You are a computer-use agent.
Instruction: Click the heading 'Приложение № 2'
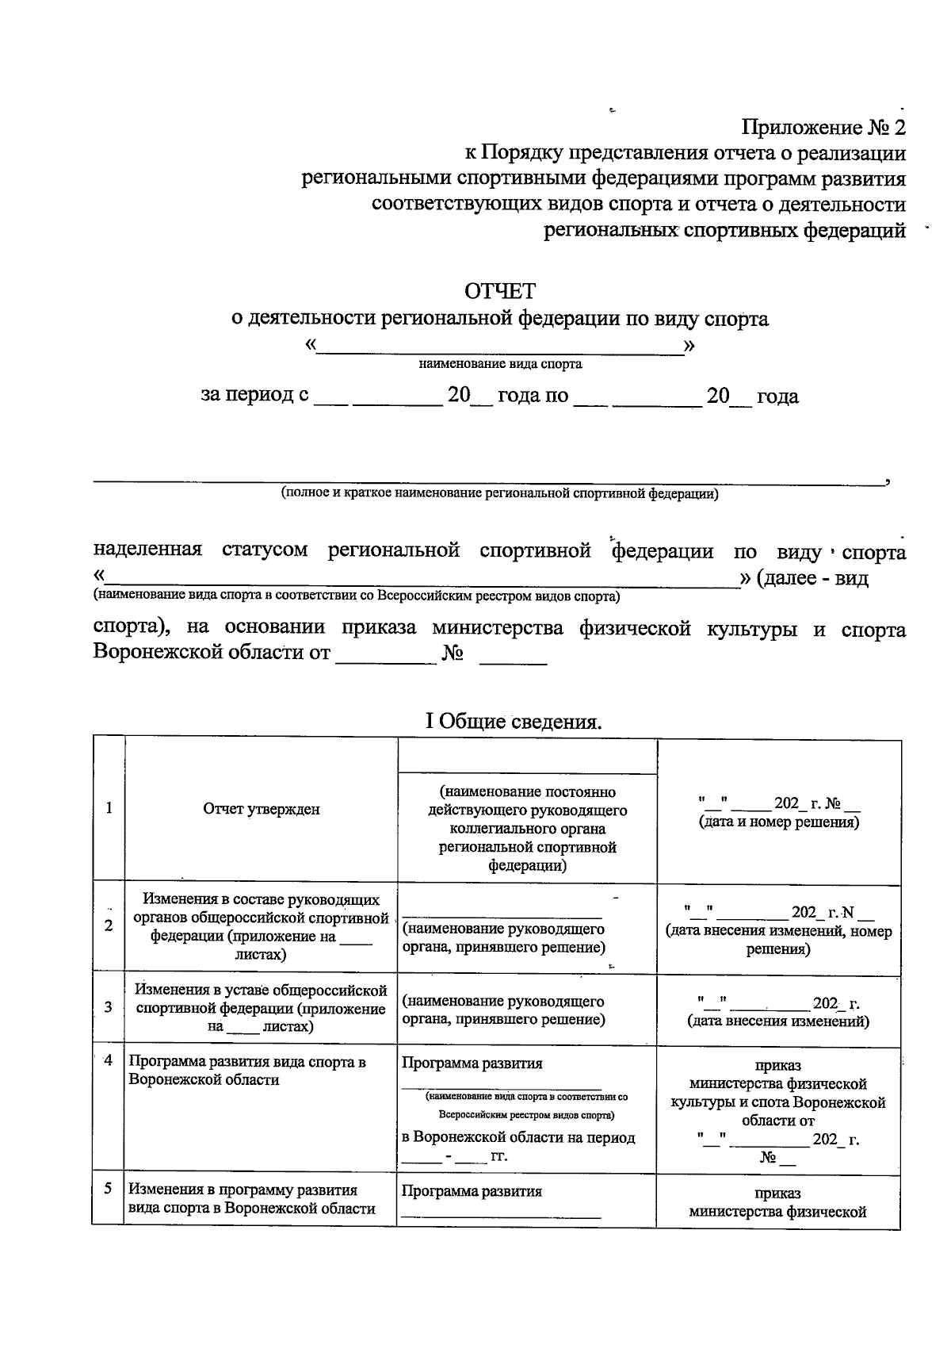point(822,128)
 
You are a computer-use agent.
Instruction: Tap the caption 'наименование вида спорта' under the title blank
point(500,364)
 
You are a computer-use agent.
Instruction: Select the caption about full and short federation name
point(499,493)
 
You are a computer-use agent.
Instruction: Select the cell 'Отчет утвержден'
point(262,809)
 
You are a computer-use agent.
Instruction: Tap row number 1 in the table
point(109,807)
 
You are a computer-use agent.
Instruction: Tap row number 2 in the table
point(109,925)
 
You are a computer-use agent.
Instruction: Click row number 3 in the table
point(109,1006)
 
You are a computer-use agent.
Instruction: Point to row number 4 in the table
point(109,1060)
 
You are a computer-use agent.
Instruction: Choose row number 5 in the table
point(109,1189)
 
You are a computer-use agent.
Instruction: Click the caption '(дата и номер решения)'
point(778,822)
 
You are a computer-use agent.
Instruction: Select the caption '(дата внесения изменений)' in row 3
point(778,1021)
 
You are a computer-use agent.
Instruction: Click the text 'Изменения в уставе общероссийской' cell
point(262,991)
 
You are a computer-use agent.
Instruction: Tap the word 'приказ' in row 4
point(778,1065)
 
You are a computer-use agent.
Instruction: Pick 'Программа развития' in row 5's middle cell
point(472,1191)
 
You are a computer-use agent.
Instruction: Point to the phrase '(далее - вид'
point(812,578)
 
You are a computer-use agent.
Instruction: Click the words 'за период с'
point(254,395)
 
